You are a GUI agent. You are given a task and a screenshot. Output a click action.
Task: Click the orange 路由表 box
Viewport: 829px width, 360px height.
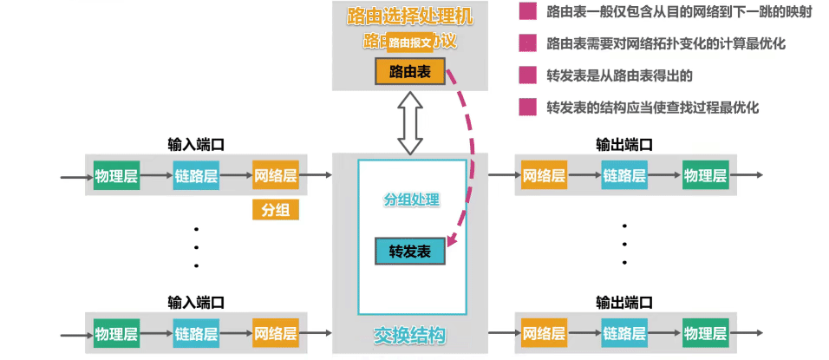point(410,71)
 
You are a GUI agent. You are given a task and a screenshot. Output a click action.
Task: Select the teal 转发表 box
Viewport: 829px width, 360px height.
point(409,251)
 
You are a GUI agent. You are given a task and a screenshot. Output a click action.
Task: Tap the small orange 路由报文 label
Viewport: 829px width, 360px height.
point(410,42)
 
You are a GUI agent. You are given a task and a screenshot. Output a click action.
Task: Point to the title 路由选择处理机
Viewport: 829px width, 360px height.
point(410,15)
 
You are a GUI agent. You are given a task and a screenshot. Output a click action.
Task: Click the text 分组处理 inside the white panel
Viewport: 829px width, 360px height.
point(412,200)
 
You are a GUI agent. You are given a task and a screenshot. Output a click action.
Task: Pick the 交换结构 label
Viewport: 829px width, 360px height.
point(410,334)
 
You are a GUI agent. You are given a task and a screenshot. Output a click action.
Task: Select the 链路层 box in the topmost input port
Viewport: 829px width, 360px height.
point(196,176)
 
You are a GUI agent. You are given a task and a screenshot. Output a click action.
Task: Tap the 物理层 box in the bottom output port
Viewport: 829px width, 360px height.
point(704,332)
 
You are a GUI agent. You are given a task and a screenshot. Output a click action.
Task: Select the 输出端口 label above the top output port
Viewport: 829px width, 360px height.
point(623,144)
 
